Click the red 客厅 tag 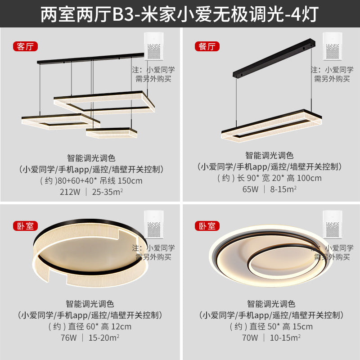coord(26,46)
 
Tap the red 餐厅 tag coord(206,46)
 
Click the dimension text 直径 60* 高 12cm coord(97,326)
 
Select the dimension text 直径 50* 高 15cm coord(278,326)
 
